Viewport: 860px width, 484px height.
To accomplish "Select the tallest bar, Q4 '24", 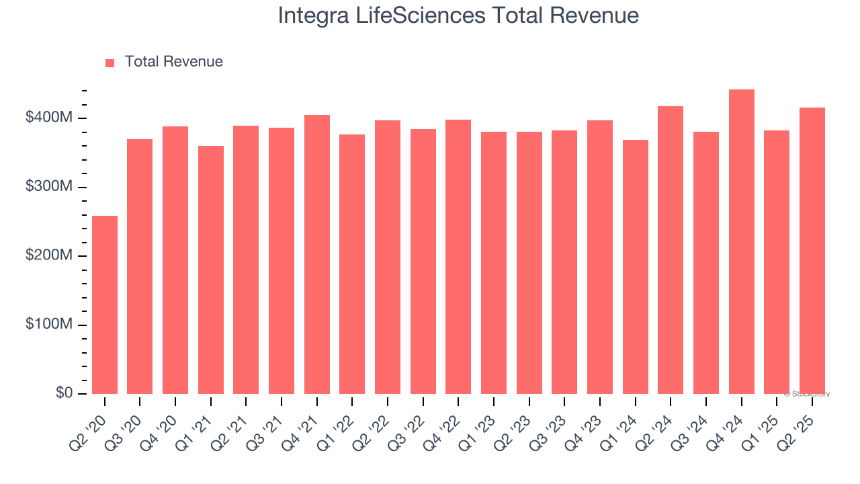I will pyautogui.click(x=741, y=241).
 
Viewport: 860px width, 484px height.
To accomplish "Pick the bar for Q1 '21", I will pyautogui.click(x=211, y=270).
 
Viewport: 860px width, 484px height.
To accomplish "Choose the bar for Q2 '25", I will pyautogui.click(x=812, y=251).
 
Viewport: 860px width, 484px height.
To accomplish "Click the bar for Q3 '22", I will pyautogui.click(x=423, y=261).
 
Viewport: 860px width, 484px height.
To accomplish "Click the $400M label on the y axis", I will pyautogui.click(x=48, y=118).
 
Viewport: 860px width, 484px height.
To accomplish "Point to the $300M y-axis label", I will pyautogui.click(x=48, y=187).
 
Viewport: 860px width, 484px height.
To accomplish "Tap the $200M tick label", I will pyautogui.click(x=48, y=255).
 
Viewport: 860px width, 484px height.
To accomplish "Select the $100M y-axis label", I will pyautogui.click(x=48, y=325).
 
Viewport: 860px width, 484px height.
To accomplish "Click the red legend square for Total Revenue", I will pyautogui.click(x=110, y=63).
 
